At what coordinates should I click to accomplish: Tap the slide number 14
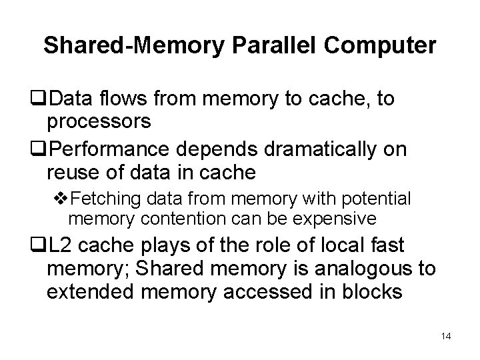(x=446, y=337)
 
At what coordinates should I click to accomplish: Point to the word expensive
(x=337, y=218)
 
